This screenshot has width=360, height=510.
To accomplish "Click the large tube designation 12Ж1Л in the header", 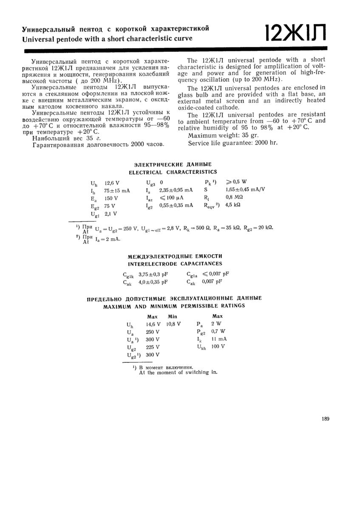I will coord(295,32).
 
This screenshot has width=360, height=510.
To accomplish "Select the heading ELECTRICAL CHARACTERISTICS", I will coord(173,172).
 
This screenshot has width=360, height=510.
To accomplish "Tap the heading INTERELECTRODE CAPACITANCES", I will coord(175,264).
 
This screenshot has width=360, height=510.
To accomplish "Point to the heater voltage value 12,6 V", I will coord(112,183).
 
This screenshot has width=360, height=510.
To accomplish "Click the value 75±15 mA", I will coord(117,191).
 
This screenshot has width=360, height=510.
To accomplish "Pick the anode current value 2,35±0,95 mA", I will coord(176,190).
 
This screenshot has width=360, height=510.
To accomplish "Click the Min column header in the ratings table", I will coord(172,317).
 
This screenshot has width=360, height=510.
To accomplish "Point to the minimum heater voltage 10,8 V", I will coord(173,324).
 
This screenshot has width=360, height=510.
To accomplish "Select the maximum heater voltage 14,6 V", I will coord(153,324).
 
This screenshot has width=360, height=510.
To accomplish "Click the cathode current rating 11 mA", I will coord(219,339).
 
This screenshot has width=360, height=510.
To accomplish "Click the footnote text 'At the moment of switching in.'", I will coord(178,372).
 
